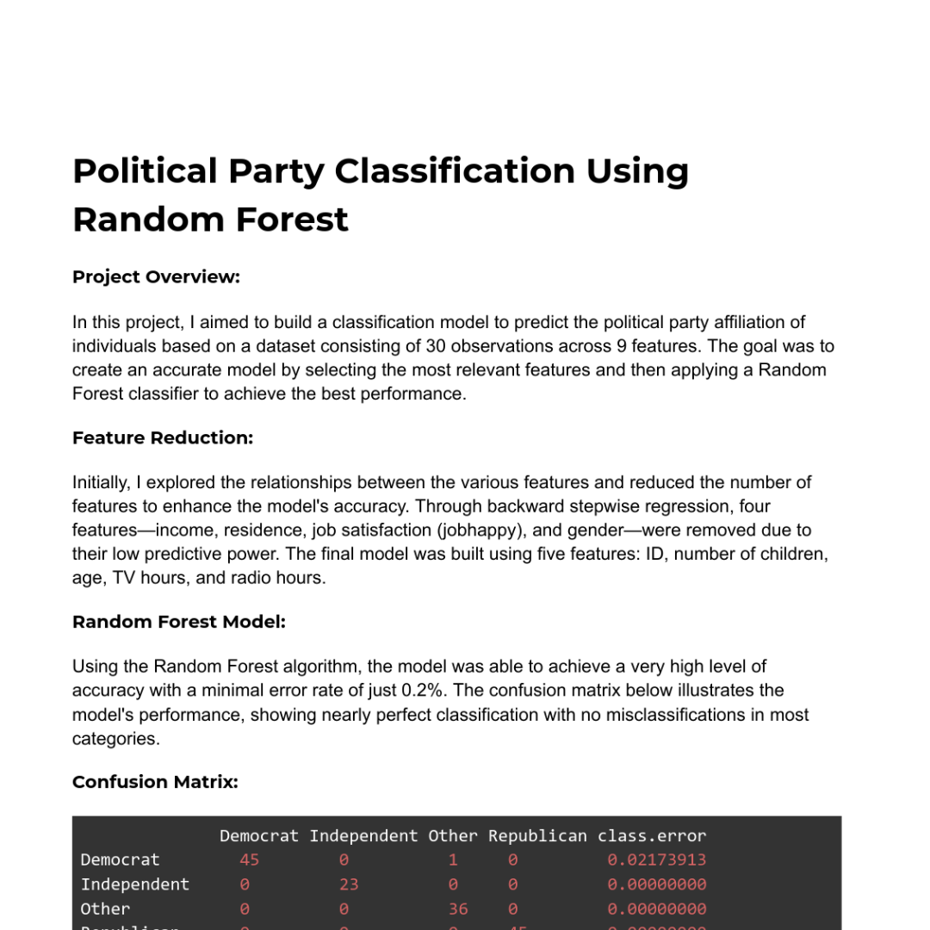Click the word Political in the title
coord(144,171)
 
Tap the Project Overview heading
coord(156,276)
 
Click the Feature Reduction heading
coord(163,437)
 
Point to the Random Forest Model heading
coord(179,621)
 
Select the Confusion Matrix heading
coord(155,782)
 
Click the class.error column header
coord(652,836)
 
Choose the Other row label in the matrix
coord(105,909)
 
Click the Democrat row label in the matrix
coord(120,860)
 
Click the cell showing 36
coord(458,909)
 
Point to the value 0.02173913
coord(656,860)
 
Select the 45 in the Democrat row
coord(250,860)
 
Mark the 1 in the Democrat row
coord(453,860)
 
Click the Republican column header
coord(537,836)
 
